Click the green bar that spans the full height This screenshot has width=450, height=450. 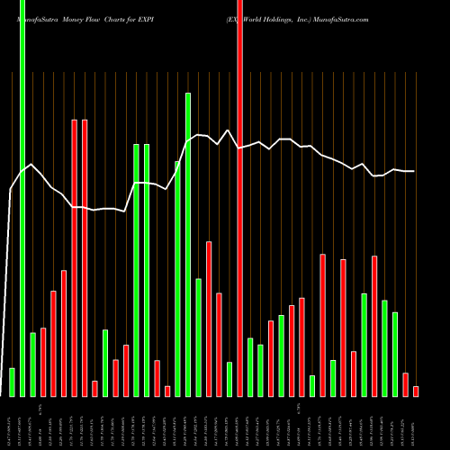click(x=22, y=198)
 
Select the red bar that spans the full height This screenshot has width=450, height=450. click(x=239, y=198)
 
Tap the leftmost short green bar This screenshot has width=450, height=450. click(x=12, y=382)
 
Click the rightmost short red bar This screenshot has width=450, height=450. click(x=416, y=391)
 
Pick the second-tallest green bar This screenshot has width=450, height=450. click(x=188, y=244)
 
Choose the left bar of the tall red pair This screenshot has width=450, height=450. click(x=75, y=257)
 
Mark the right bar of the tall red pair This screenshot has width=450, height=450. click(x=85, y=257)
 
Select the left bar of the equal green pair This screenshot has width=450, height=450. click(x=136, y=270)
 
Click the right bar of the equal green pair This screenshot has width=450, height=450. click(x=147, y=270)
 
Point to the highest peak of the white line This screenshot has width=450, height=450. click(x=229, y=130)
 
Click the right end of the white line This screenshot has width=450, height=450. click(x=414, y=171)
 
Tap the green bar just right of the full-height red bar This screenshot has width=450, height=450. click(x=250, y=367)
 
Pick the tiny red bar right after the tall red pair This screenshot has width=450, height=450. click(x=94, y=388)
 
